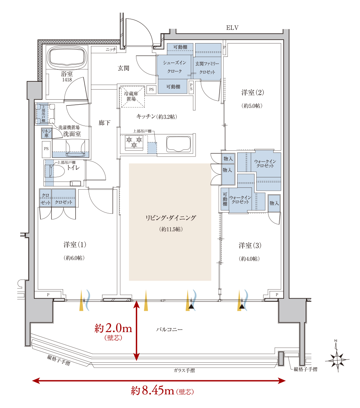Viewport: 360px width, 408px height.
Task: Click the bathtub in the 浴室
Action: click(x=67, y=58)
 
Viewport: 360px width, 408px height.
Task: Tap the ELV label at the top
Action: click(x=232, y=28)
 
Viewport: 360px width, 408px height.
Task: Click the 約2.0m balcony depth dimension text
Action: click(x=113, y=331)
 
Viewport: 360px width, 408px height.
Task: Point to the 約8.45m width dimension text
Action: click(x=162, y=391)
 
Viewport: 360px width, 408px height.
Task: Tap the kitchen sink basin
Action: click(x=179, y=144)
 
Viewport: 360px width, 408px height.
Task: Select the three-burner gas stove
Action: click(x=134, y=142)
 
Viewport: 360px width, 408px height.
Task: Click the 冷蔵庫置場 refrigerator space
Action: click(x=132, y=96)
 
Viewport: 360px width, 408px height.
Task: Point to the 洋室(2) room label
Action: click(x=252, y=92)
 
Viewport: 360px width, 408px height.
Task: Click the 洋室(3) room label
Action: click(x=250, y=245)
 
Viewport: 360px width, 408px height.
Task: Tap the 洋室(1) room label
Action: click(x=75, y=245)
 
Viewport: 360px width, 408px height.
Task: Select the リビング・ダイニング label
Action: click(x=171, y=218)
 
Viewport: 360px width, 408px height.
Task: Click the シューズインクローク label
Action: click(x=175, y=67)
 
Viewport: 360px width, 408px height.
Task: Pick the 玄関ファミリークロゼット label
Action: click(x=207, y=68)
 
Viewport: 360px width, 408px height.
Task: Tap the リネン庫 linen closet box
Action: click(x=46, y=133)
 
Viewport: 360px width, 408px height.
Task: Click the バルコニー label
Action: click(x=169, y=330)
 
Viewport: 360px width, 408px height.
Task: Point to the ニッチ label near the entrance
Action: click(x=111, y=49)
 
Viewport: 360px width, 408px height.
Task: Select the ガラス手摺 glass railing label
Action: click(x=184, y=370)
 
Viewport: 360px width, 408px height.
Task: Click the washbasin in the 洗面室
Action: click(x=76, y=148)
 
